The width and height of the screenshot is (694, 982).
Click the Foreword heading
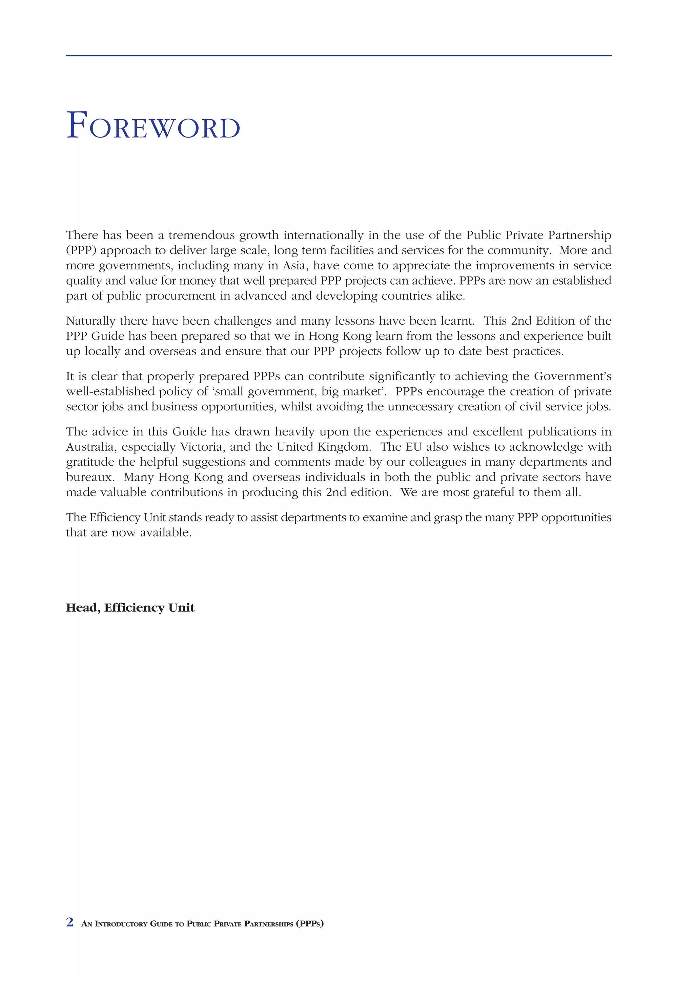click(153, 126)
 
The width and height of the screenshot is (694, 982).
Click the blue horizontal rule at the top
click(338, 56)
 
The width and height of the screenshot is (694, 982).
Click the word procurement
click(181, 296)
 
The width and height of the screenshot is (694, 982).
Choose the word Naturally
click(91, 321)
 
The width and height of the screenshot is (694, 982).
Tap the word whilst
click(295, 407)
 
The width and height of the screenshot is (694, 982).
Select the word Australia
click(91, 447)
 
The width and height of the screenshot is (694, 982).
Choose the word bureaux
click(90, 477)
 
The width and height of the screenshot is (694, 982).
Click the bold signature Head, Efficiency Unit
click(130, 608)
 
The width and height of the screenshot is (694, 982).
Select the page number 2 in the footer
click(70, 922)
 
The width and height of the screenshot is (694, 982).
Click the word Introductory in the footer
click(121, 924)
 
